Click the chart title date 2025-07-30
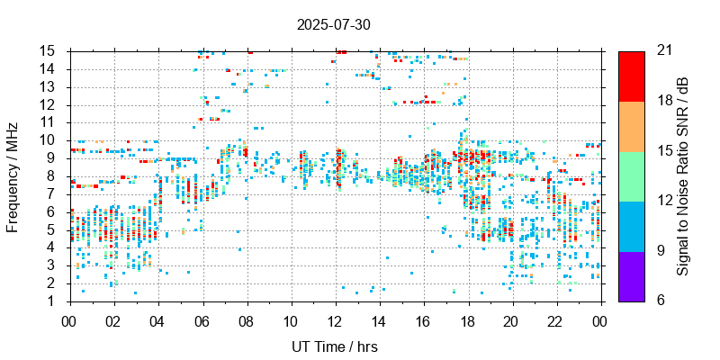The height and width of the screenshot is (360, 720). click(x=334, y=24)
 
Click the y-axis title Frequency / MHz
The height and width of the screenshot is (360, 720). click(x=13, y=176)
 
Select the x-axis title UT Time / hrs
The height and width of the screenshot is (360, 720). click(x=334, y=346)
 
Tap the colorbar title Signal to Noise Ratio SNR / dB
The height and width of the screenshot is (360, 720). click(x=683, y=175)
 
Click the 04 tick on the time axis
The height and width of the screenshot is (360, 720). click(x=157, y=319)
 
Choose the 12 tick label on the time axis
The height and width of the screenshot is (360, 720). click(x=335, y=319)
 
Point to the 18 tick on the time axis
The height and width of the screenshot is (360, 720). click(x=468, y=319)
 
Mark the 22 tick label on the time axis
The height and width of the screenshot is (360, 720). click(x=556, y=319)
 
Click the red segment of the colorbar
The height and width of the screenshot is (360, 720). click(x=632, y=76)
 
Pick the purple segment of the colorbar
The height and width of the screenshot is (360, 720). click(x=632, y=275)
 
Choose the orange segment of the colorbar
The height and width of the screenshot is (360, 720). click(x=632, y=125)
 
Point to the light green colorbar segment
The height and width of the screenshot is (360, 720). click(x=632, y=175)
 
